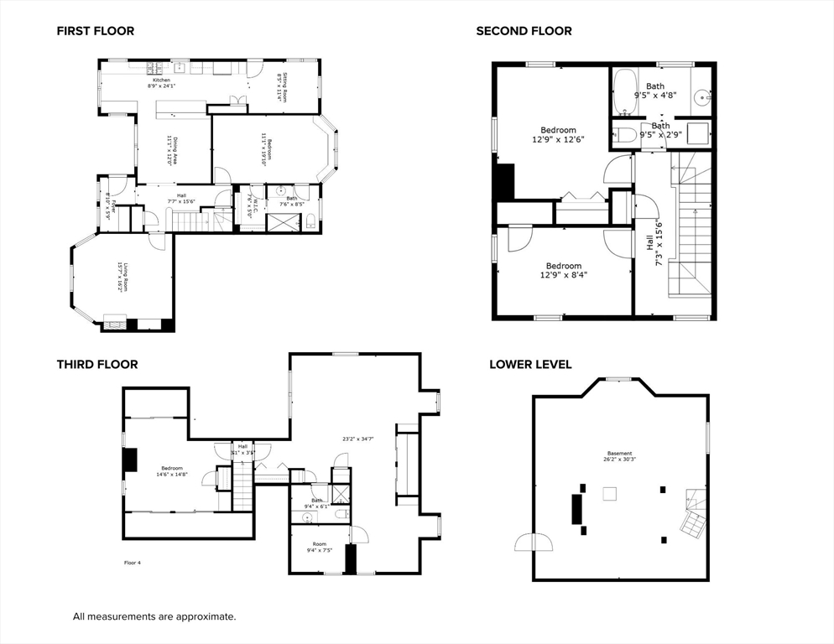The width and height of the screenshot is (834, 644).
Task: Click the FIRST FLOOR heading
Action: tap(95, 31)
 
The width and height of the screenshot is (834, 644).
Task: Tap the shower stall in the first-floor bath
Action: tap(281, 223)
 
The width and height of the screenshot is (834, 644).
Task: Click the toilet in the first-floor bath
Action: tap(310, 222)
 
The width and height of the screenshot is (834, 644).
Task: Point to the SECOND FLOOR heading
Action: tap(524, 31)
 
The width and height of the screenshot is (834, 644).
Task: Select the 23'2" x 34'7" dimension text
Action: tap(358, 439)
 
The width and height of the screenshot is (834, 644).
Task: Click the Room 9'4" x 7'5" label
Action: tap(320, 547)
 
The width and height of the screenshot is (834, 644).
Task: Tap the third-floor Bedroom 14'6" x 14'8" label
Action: tap(172, 471)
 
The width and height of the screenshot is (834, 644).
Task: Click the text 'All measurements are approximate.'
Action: tap(154, 616)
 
